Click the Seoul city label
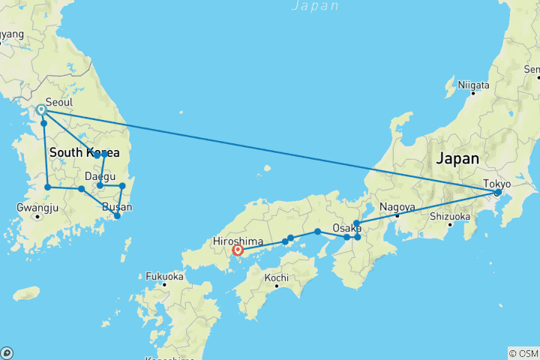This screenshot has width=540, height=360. [59, 102]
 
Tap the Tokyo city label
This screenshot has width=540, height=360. [496, 183]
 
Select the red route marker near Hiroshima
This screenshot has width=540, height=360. [238, 250]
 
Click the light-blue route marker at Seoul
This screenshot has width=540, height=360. [42, 109]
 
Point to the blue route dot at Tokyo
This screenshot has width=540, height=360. [497, 193]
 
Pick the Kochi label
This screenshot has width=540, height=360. [276, 277]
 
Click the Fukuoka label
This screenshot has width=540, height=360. [165, 274]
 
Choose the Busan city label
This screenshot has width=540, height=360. [116, 207]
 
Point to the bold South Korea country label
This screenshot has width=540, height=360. [85, 153]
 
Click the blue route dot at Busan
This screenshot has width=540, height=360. [117, 216]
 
